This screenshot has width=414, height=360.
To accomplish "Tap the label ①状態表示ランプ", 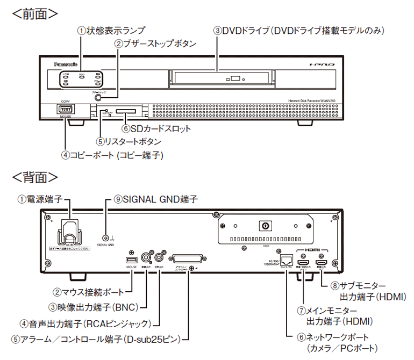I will click(111, 31).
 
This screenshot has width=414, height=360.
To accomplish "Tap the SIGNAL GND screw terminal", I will click(106, 237).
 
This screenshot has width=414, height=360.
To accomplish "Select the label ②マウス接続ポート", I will click(91, 293).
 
